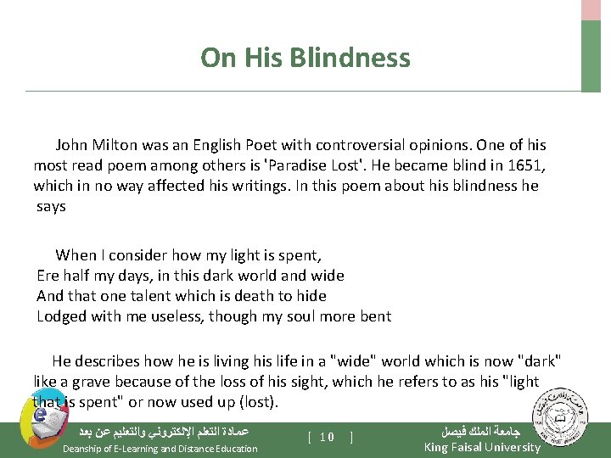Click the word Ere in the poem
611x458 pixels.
click(x=48, y=275)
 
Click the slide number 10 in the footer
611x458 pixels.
click(x=327, y=438)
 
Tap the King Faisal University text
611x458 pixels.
click(x=481, y=447)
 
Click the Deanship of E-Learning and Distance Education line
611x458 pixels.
click(x=160, y=449)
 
